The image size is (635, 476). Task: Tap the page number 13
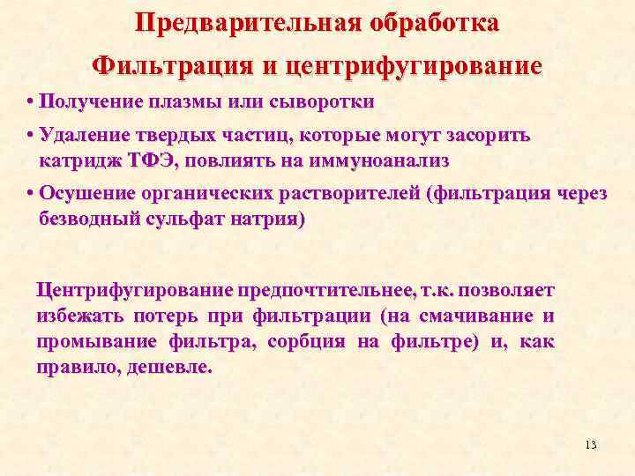[x=591, y=444]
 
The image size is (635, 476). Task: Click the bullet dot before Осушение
[x=31, y=194]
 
